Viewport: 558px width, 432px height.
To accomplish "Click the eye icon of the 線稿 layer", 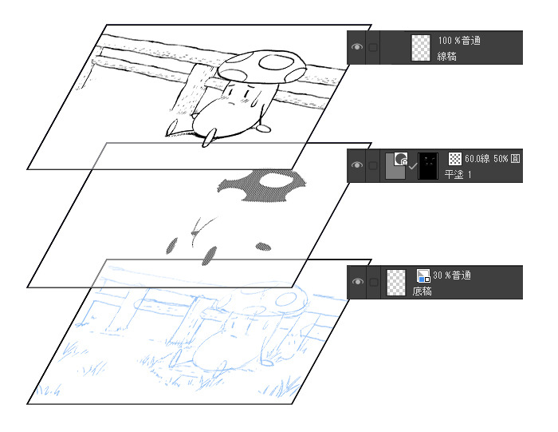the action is click(x=357, y=46).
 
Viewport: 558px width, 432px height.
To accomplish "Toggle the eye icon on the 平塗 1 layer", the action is click(x=357, y=165).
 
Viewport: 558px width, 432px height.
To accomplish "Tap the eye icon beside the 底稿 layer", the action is click(x=357, y=282).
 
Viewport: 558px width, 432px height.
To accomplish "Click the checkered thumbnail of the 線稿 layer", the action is click(x=421, y=47).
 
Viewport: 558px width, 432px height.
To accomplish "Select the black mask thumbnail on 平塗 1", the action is click(x=428, y=166).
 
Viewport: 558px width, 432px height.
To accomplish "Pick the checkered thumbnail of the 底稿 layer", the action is click(x=396, y=283).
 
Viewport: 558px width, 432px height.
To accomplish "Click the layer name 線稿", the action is click(x=446, y=57).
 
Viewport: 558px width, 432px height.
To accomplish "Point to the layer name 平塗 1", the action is click(x=458, y=174).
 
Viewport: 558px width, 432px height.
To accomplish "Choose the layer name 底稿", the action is click(x=422, y=291).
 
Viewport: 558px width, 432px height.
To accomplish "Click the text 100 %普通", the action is click(x=459, y=41).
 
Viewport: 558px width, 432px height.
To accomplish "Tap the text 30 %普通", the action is click(x=452, y=275).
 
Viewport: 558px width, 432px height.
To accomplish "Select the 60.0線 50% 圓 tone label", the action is click(x=493, y=158).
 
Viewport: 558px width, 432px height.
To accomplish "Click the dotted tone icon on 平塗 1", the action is click(x=455, y=159).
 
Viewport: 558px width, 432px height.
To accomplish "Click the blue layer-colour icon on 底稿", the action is click(x=423, y=275).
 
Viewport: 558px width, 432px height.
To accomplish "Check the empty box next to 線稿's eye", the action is click(x=372, y=47).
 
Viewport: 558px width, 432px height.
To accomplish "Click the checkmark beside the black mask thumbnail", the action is click(x=412, y=166).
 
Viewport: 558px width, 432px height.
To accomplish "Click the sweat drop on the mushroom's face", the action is click(x=253, y=102).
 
